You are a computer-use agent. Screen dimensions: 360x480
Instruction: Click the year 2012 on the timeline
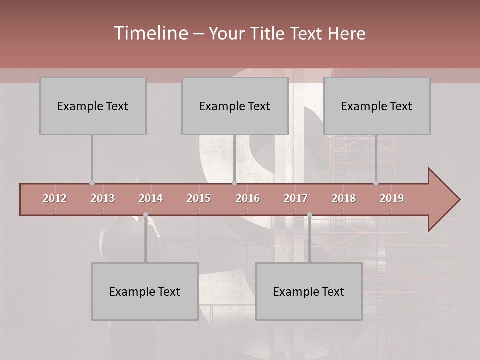(55, 198)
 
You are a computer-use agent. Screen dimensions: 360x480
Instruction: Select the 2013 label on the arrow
(103, 198)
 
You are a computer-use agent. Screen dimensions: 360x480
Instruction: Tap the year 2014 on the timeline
(151, 198)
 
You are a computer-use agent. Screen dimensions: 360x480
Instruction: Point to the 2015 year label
(199, 198)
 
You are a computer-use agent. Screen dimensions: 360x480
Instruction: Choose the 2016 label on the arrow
(248, 198)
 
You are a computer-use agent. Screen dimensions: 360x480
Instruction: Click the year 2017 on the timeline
(296, 198)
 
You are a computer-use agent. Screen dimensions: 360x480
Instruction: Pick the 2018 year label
(344, 198)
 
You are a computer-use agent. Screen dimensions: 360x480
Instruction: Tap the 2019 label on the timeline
(392, 198)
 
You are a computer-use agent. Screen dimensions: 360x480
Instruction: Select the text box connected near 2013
(93, 106)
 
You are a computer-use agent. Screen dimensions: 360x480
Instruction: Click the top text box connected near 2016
(235, 106)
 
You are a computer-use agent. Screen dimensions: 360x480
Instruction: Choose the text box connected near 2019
(377, 106)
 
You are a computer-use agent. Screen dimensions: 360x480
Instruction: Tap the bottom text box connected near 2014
(145, 292)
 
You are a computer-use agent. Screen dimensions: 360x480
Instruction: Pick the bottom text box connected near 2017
(309, 292)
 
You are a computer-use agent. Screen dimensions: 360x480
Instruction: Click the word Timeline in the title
(150, 33)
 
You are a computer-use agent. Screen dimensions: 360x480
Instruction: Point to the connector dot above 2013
(92, 183)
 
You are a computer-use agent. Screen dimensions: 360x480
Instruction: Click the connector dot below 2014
(145, 215)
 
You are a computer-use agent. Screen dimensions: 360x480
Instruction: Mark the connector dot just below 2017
(309, 215)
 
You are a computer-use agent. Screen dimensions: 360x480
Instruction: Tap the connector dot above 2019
(376, 183)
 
